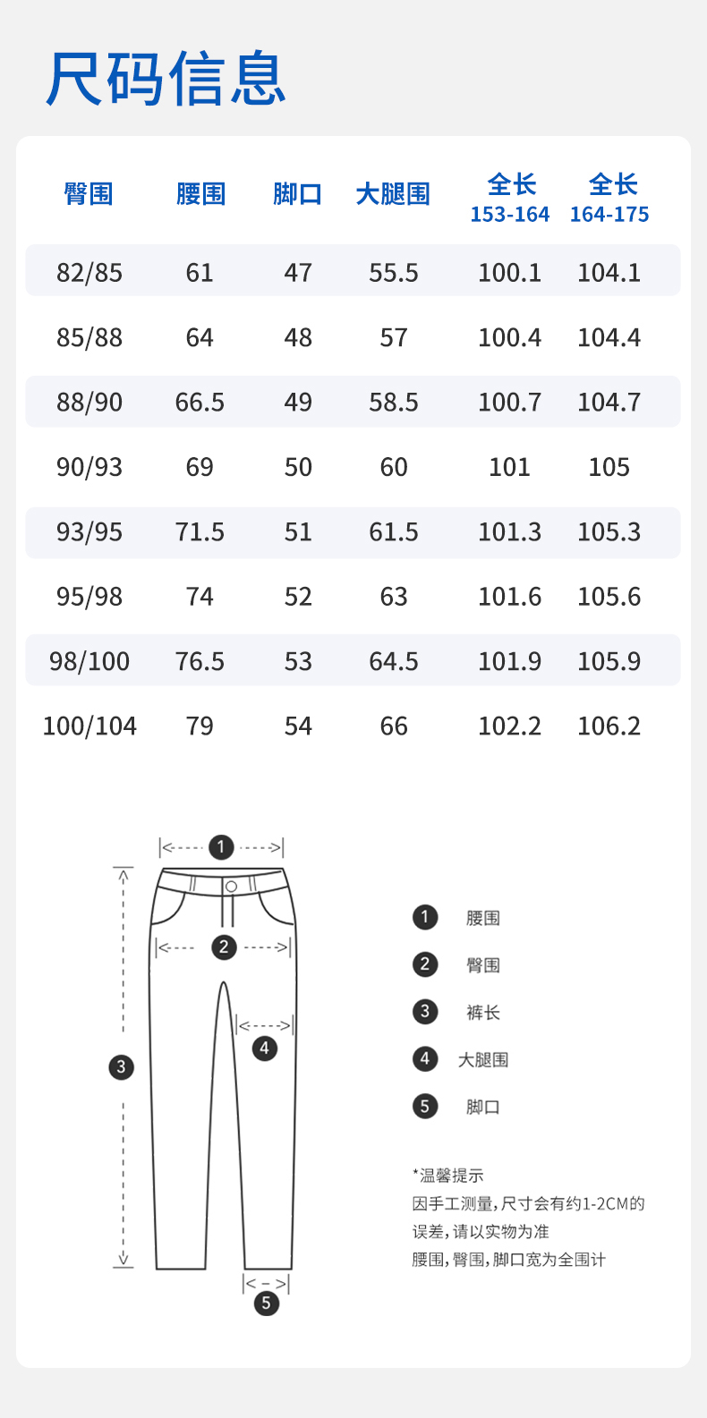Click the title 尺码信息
click(x=166, y=78)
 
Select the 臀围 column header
click(x=89, y=194)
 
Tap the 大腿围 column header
click(x=393, y=194)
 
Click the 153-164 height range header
click(x=510, y=215)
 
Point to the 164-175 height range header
click(x=609, y=215)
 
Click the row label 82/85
click(x=89, y=273)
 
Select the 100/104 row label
click(x=89, y=726)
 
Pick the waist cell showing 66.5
click(x=200, y=403)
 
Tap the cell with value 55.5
click(x=394, y=273)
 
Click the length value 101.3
click(x=510, y=532)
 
